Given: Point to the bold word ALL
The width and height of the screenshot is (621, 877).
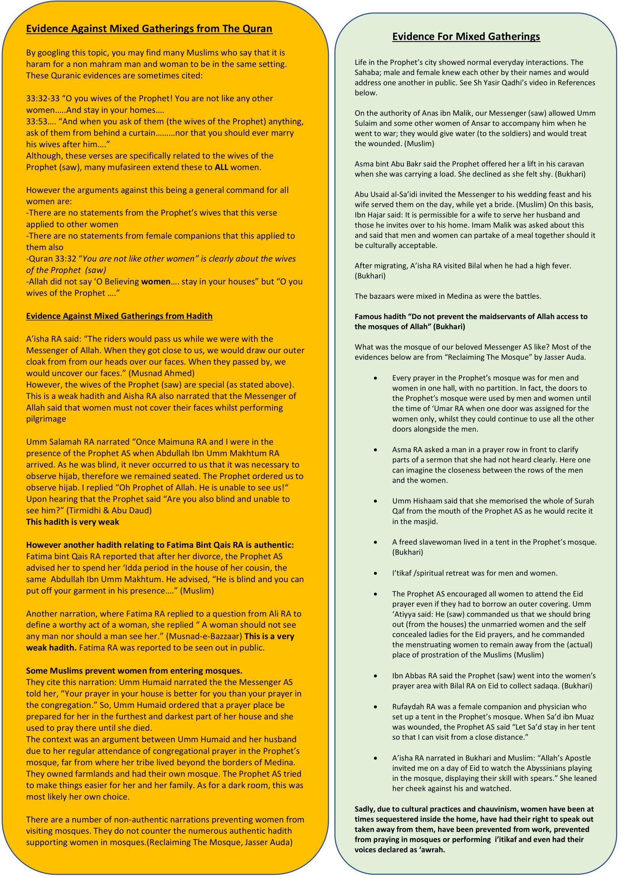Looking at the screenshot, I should click(222, 167).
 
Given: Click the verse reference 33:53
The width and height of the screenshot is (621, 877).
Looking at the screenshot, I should click(36, 121).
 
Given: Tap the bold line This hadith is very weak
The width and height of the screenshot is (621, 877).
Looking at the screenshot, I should click(73, 522).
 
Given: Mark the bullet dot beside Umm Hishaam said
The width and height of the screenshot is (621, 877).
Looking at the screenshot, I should click(376, 501).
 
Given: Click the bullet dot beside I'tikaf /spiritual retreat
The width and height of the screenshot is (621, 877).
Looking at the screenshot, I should click(376, 573).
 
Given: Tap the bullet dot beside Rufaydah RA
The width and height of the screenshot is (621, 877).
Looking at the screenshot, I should click(376, 707).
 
